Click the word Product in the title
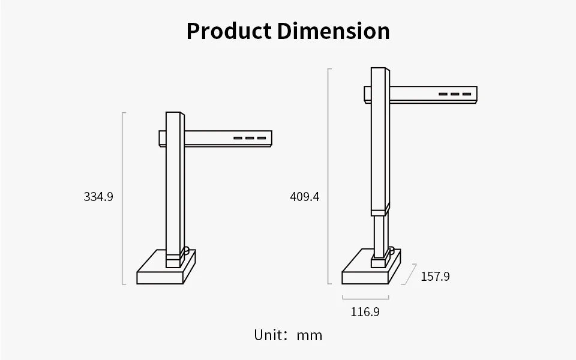click(x=229, y=31)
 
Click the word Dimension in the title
click(x=333, y=31)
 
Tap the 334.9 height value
click(x=98, y=196)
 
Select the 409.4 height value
click(x=305, y=196)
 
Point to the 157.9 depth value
click(x=435, y=277)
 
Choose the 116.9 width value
click(x=365, y=312)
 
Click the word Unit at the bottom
click(x=267, y=335)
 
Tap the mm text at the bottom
click(x=310, y=335)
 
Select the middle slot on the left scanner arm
click(x=250, y=139)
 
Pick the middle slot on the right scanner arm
click(x=455, y=94)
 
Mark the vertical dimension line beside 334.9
click(x=123, y=198)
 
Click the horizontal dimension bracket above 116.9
click(x=365, y=298)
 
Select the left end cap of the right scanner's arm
click(x=367, y=94)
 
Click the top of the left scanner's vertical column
click(x=173, y=114)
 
